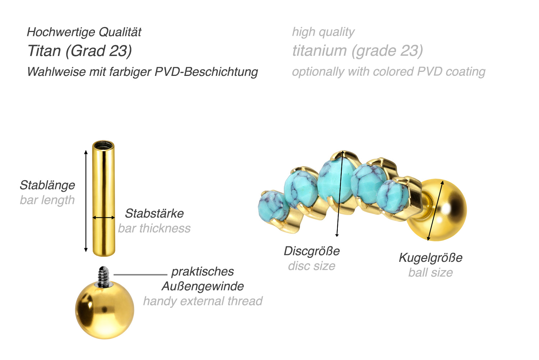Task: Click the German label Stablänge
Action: coord(47,185)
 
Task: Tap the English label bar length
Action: coord(47,200)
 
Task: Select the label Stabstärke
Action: coord(154,213)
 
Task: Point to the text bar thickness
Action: coord(154,228)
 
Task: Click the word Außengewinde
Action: coord(203,286)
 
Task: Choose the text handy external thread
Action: coord(203,301)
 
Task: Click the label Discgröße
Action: coord(312,251)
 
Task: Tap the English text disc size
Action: coord(312,266)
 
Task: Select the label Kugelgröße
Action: coord(430,258)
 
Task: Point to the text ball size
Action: coord(430,273)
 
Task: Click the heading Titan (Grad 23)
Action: coord(80,51)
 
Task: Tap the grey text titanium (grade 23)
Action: coord(358,51)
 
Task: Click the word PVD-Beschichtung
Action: coord(206,72)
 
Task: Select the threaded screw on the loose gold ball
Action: coord(104,277)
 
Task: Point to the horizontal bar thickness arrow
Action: coord(103,218)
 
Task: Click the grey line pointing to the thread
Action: coord(140,275)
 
